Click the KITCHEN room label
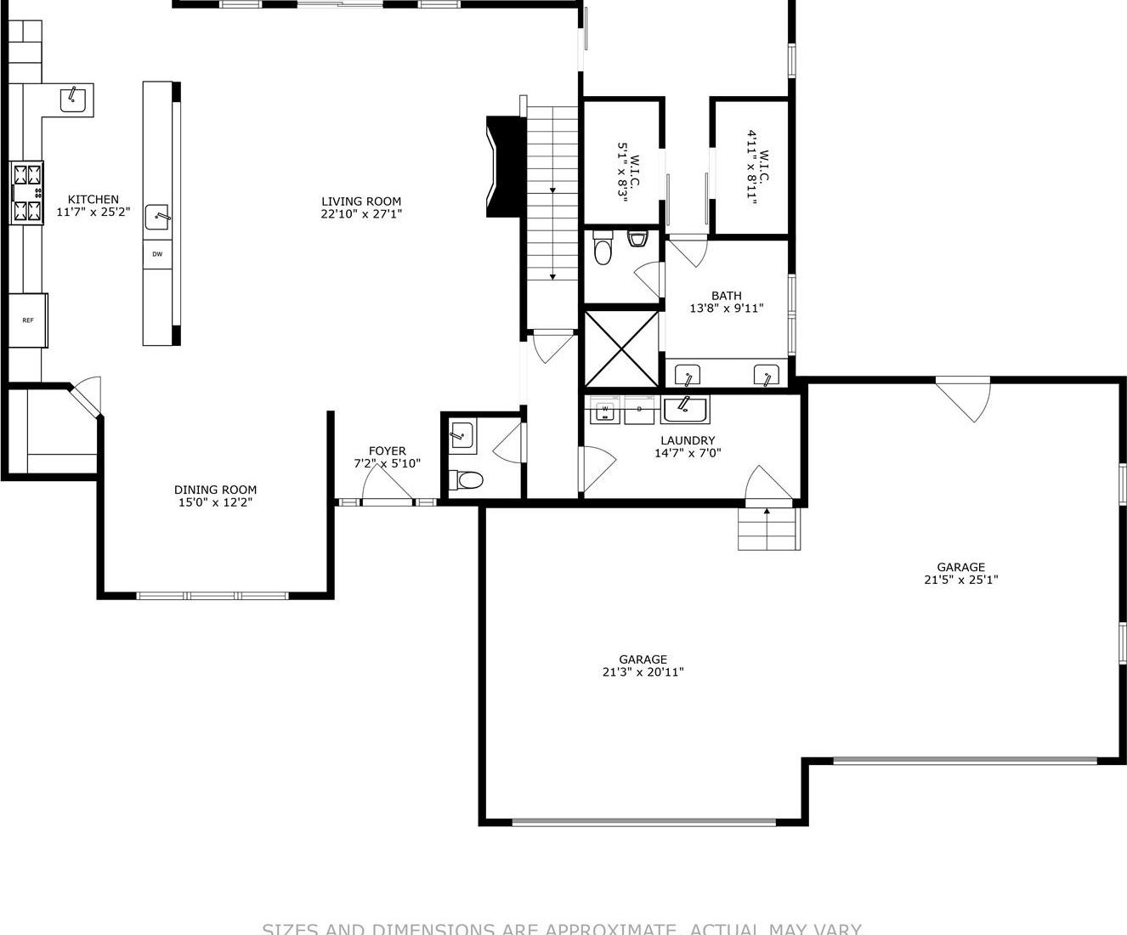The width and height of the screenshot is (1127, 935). pyautogui.click(x=93, y=200)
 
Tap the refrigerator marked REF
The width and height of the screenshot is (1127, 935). pyautogui.click(x=28, y=320)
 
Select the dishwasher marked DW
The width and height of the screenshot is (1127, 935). pyautogui.click(x=157, y=254)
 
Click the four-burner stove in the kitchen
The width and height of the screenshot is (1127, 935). pyautogui.click(x=27, y=194)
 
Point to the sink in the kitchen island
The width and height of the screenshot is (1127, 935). pyautogui.click(x=157, y=218)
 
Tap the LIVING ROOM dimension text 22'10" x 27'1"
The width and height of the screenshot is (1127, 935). pyautogui.click(x=361, y=214)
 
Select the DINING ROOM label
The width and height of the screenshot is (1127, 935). pyautogui.click(x=215, y=490)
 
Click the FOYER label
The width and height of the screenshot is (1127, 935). pyautogui.click(x=387, y=450)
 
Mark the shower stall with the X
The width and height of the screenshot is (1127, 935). pyautogui.click(x=622, y=349)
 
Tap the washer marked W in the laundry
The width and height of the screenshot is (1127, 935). pyautogui.click(x=605, y=410)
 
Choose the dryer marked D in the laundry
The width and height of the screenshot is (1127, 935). pyautogui.click(x=639, y=410)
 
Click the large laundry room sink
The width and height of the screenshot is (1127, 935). pyautogui.click(x=684, y=410)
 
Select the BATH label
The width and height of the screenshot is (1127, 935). pyautogui.click(x=727, y=296)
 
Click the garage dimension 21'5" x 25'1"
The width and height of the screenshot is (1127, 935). pyautogui.click(x=960, y=580)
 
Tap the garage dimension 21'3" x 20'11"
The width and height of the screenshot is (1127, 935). pyautogui.click(x=643, y=672)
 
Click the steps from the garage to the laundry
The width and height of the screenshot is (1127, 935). pyautogui.click(x=768, y=529)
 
